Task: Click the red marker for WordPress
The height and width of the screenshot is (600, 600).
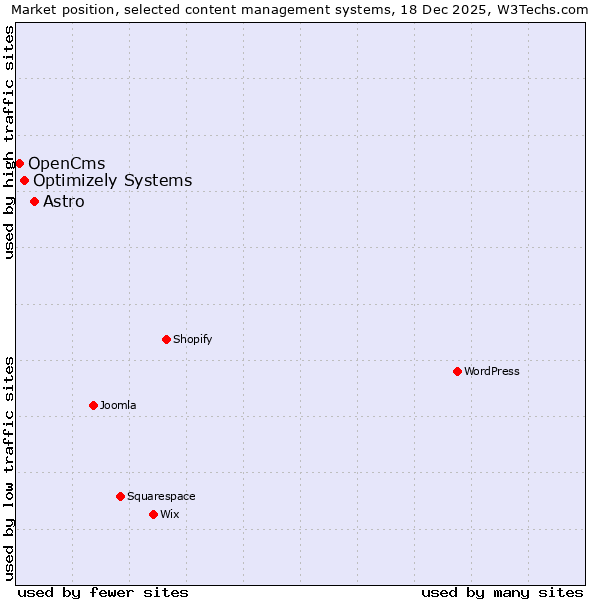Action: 457,371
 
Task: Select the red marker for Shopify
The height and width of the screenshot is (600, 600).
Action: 166,339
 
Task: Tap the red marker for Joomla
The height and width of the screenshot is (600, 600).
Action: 93,405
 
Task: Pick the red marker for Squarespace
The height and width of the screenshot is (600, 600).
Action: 120,496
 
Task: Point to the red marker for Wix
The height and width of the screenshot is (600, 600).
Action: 153,514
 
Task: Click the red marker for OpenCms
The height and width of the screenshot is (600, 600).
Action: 19,163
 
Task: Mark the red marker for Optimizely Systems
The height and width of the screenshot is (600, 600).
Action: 24,181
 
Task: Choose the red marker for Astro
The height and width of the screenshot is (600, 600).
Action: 34,201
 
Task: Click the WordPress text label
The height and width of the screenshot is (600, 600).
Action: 492,371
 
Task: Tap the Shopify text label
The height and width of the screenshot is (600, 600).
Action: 193,339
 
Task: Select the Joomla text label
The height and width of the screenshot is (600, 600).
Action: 118,405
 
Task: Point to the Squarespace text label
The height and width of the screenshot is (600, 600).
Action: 161,496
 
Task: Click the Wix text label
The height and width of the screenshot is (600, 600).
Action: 170,514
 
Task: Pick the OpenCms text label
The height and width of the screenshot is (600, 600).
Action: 67,163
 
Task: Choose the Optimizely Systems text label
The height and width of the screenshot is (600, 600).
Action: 113,181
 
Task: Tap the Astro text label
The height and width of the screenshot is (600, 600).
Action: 64,201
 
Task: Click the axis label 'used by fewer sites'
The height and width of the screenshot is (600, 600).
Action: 103,592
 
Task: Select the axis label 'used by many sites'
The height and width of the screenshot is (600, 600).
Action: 502,592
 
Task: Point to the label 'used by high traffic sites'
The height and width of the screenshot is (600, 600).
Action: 9,142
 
